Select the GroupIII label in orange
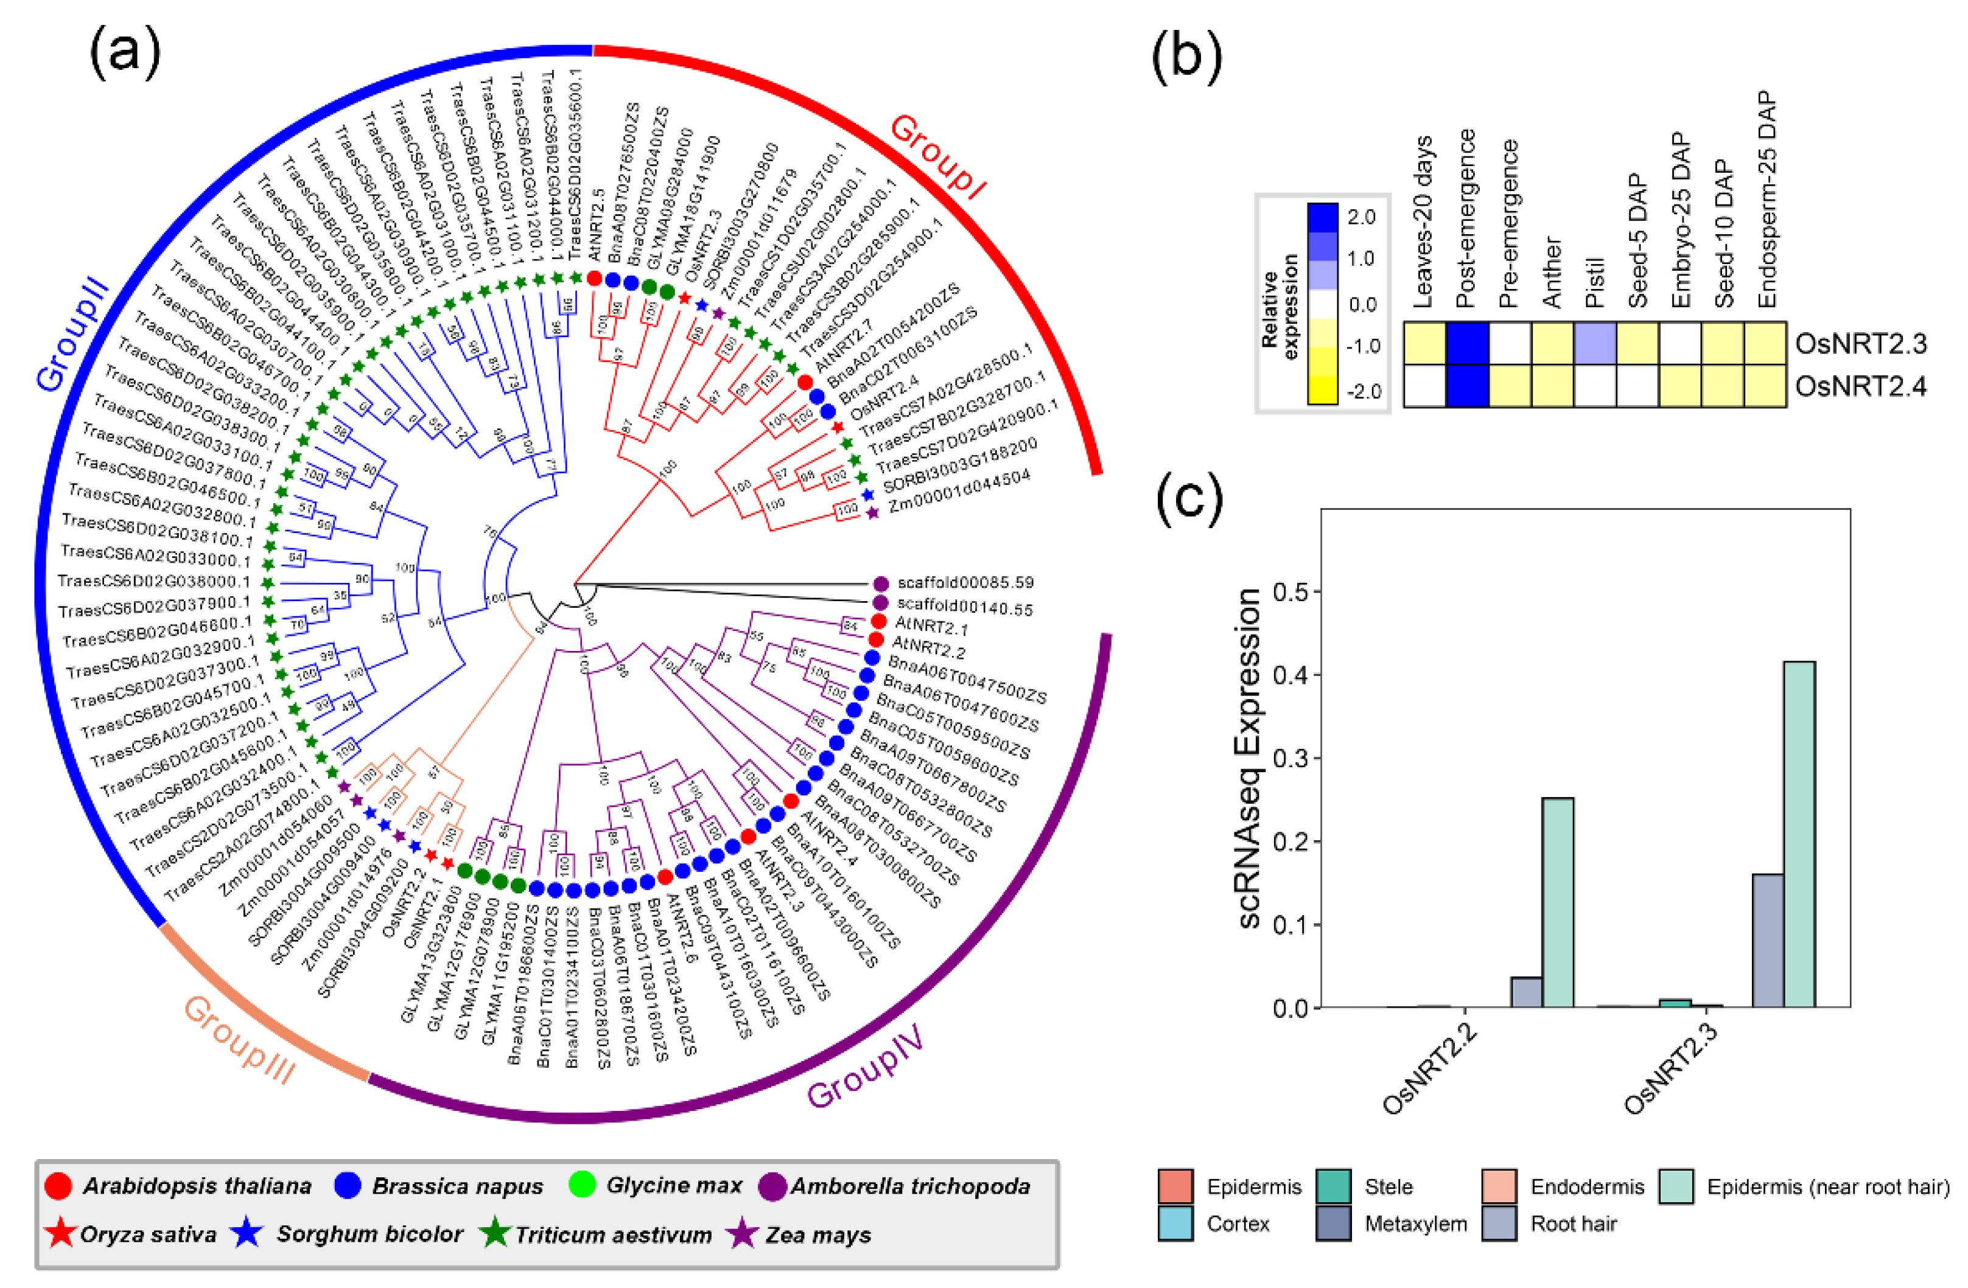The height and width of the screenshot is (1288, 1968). [x=238, y=1040]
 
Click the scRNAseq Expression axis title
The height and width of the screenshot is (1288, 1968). [x=1250, y=757]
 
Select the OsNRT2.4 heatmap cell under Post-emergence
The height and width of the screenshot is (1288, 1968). [x=1468, y=386]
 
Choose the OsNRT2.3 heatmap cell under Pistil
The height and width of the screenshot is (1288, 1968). [x=1595, y=343]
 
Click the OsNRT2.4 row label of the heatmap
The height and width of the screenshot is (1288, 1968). [x=1860, y=386]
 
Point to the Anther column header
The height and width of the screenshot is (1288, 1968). [x=1552, y=273]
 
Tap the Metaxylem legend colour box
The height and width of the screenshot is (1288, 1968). [x=1334, y=1224]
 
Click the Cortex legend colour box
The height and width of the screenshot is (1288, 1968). [x=1175, y=1224]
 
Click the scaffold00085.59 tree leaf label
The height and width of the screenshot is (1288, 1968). [x=965, y=583]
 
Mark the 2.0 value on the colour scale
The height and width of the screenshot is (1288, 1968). [x=1361, y=217]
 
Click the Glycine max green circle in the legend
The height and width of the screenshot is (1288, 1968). [x=583, y=1185]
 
